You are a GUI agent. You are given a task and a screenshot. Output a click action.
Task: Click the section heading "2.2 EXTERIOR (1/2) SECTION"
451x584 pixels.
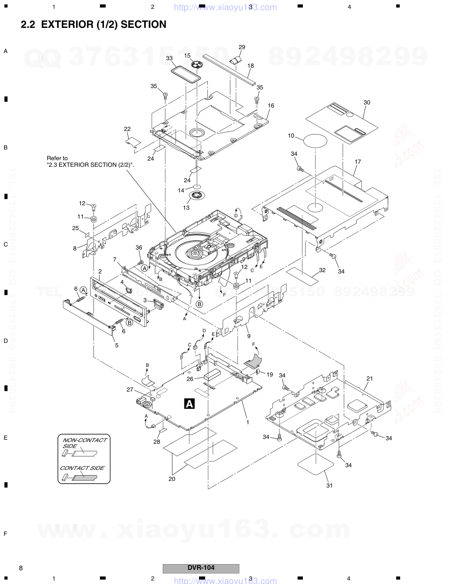click(94, 25)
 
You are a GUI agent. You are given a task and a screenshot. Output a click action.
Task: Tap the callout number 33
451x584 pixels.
click(169, 58)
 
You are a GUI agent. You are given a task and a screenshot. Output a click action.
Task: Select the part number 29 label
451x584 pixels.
click(241, 47)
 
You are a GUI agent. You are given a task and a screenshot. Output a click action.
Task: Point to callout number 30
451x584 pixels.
click(367, 102)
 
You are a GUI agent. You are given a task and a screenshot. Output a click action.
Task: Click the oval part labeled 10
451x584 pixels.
click(315, 141)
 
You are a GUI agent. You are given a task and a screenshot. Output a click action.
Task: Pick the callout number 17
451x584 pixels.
click(357, 161)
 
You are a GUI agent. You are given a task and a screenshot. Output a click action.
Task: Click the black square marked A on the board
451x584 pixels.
click(189, 403)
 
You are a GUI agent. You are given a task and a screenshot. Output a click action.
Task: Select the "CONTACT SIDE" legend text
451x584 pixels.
click(82, 468)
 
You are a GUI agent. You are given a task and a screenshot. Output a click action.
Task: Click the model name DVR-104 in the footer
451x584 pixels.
click(201, 568)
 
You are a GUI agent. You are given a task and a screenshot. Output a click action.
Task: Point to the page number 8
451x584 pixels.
click(21, 568)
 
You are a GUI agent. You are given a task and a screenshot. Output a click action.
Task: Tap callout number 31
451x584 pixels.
click(329, 485)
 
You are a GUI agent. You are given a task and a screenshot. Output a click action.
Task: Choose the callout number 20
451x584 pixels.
click(172, 479)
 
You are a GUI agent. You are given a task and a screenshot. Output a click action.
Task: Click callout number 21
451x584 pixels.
click(370, 378)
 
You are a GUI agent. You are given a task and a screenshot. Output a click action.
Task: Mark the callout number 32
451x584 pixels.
click(322, 270)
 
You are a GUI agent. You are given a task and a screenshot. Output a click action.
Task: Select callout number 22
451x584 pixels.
click(127, 129)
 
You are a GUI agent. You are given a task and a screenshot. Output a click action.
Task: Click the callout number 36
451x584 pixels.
click(139, 247)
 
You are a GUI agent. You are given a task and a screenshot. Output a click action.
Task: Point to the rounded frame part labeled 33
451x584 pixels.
click(185, 73)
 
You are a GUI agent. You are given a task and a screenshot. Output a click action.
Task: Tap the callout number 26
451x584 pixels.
click(189, 379)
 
